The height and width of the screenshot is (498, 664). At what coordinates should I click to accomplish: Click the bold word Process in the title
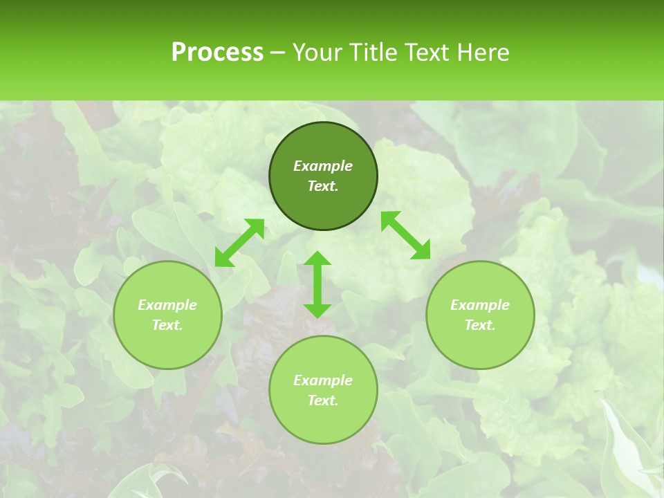217,53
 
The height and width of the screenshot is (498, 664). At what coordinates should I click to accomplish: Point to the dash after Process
277,53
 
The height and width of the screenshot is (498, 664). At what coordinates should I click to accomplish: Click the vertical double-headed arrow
317,284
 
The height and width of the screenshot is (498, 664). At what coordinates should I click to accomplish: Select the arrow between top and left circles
239,243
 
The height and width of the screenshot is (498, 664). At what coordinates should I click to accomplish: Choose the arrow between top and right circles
406,235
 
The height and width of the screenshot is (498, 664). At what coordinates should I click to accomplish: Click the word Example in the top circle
323,166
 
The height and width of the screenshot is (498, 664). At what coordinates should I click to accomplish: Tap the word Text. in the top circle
323,186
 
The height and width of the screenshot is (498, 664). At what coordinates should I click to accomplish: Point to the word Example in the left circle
167,305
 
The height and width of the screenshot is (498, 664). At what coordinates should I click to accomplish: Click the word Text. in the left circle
167,325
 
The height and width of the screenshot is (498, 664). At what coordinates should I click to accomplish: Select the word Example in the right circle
480,305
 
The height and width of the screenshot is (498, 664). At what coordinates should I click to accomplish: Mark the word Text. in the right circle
480,325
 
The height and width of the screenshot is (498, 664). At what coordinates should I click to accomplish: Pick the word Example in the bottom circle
323,380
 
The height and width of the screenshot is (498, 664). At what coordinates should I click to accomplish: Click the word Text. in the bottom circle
323,400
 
